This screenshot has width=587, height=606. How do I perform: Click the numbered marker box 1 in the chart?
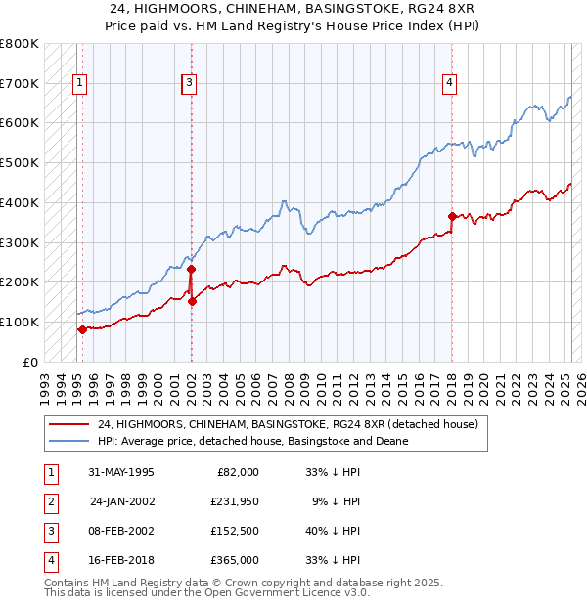[78, 84]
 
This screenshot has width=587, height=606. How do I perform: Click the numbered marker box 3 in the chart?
[188, 84]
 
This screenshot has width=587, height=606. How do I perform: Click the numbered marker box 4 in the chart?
[449, 84]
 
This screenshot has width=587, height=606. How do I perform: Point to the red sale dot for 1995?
[82, 329]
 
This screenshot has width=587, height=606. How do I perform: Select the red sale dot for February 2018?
[452, 216]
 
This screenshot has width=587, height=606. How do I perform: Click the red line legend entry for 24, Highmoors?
[288, 425]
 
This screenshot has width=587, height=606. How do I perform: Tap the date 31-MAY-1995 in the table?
[121, 472]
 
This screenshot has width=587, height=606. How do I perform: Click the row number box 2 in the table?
[49, 501]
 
